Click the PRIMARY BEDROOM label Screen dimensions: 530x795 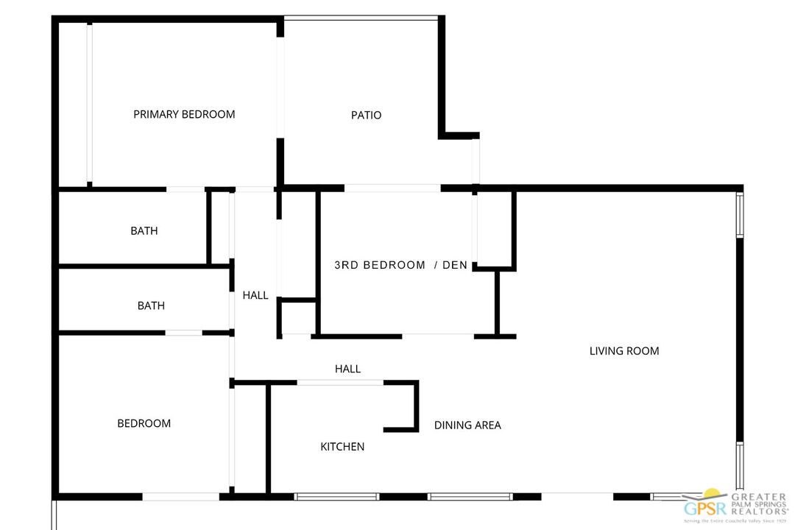[x=184, y=114]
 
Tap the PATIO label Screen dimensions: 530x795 [x=366, y=115]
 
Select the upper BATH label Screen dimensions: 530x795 [x=144, y=230]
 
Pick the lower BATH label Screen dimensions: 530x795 [x=151, y=305]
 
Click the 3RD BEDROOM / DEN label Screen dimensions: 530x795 [x=400, y=265]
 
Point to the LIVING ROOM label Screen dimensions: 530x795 [x=624, y=351]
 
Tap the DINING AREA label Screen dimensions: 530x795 [x=467, y=425]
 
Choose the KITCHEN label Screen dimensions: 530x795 [x=342, y=447]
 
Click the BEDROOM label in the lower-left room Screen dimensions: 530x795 [x=144, y=423]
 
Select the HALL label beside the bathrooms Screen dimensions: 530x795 [x=255, y=295]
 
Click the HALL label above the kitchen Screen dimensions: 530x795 [x=347, y=369]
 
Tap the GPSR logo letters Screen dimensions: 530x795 [x=706, y=507]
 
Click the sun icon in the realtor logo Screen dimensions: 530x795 [x=713, y=494]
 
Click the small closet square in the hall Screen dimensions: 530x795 [x=298, y=317]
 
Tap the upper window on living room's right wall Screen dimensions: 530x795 [x=740, y=215]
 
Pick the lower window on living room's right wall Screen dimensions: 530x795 [x=740, y=465]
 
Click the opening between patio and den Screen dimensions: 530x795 [x=392, y=188]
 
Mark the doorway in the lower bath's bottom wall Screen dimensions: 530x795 [x=183, y=333]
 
